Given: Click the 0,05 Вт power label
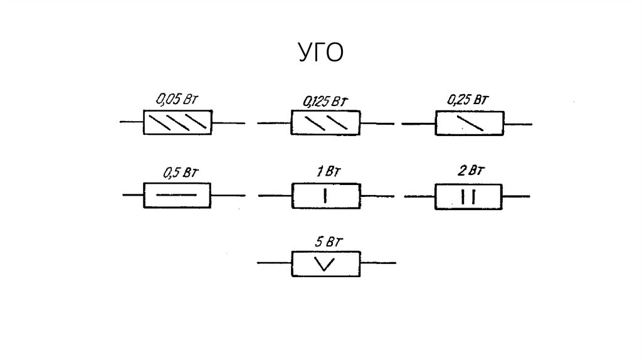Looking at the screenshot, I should [177, 99].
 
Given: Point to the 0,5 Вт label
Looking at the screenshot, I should [177, 172].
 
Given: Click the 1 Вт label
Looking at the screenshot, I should [325, 171].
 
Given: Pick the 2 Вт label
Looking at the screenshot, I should [469, 171].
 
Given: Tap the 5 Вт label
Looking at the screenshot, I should [325, 240].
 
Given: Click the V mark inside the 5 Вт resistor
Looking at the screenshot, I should [325, 265].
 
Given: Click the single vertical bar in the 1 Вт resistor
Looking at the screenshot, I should [325, 196].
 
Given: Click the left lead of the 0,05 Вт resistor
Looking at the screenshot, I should [131, 122].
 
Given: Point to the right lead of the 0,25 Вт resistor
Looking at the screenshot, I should [518, 124].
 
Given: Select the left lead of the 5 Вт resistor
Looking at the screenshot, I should [274, 263].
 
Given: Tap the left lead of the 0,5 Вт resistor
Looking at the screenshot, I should [133, 196].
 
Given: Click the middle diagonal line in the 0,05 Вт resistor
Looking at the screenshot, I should [177, 122].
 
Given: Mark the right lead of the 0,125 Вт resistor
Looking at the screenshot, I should [377, 124].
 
